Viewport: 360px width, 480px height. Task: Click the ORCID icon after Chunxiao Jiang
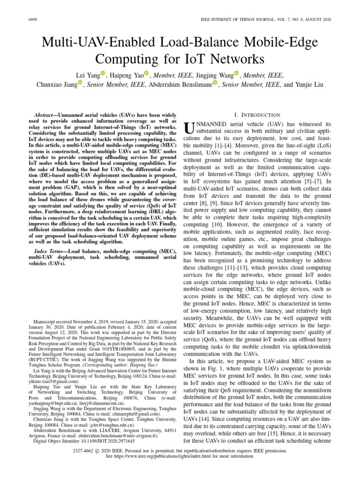tap(80, 83)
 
